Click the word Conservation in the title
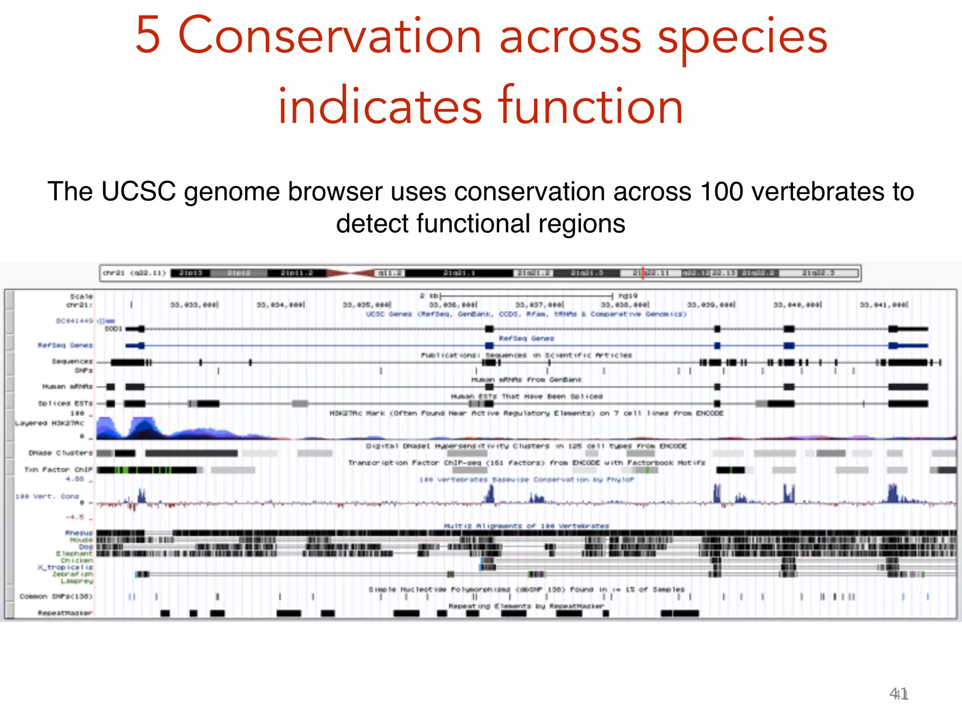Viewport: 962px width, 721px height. [330, 37]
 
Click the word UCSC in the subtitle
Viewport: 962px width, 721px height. [139, 192]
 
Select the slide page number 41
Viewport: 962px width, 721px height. [899, 694]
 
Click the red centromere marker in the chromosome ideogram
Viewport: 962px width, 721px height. [350, 273]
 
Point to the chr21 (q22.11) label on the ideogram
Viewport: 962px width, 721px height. [134, 273]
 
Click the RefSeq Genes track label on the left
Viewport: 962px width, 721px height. [65, 345]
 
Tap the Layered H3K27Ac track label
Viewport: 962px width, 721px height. [50, 423]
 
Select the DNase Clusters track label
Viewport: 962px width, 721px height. [61, 453]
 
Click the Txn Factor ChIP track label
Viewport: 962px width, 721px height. [58, 469]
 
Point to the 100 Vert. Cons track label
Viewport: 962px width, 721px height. [47, 496]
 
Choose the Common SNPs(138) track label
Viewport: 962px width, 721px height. [56, 597]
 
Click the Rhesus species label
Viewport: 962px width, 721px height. [79, 533]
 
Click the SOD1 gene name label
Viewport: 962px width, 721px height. [113, 329]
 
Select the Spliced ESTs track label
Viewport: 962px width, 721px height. [65, 403]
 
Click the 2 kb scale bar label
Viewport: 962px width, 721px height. [429, 296]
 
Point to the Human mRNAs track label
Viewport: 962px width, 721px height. [68, 387]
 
